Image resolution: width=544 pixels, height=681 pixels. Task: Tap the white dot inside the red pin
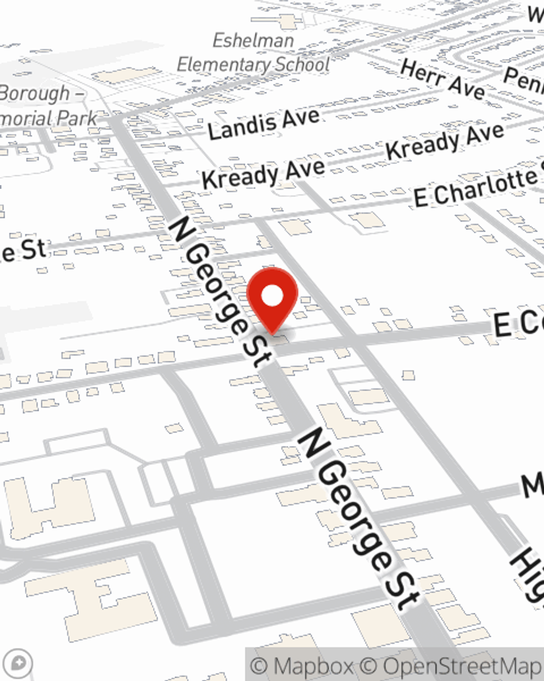[272, 297]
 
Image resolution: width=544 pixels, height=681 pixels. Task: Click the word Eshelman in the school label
[253, 41]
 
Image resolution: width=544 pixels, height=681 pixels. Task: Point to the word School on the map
[302, 64]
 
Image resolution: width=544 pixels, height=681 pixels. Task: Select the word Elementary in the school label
[224, 65]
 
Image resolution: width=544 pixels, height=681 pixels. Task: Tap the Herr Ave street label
[442, 80]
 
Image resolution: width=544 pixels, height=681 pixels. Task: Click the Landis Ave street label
[263, 124]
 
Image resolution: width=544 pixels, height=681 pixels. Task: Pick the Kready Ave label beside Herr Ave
[445, 141]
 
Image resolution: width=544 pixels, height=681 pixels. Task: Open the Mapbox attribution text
[301, 666]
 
